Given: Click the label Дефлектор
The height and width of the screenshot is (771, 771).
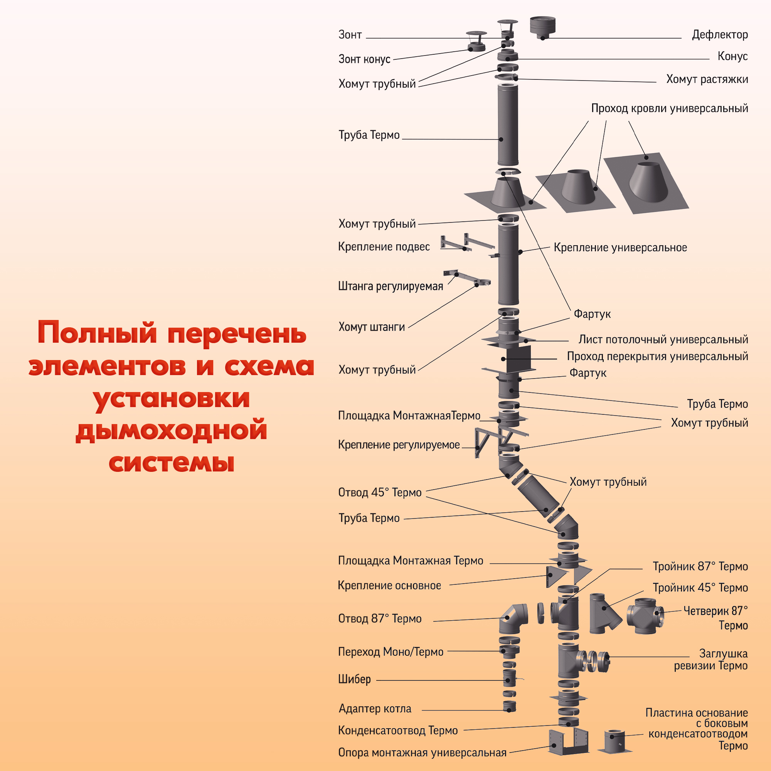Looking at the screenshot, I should (719, 35).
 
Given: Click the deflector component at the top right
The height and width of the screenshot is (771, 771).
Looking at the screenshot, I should (543, 27).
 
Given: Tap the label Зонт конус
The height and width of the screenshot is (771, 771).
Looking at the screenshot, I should (364, 59).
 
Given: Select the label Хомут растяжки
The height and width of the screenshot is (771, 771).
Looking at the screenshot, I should (707, 79).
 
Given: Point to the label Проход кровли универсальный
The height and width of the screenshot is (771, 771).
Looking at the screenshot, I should (669, 108).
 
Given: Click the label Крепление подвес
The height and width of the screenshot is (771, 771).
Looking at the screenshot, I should (384, 247).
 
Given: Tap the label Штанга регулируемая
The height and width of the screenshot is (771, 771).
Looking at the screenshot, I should (390, 286).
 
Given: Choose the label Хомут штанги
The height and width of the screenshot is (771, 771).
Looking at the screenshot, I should (372, 327).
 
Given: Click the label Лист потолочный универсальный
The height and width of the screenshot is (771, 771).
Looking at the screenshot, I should (663, 340).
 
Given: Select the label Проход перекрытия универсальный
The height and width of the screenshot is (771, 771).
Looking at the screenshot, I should (657, 356).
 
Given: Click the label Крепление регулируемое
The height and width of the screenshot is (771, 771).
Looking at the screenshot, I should (399, 444).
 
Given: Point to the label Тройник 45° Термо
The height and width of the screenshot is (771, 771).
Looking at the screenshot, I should (700, 588).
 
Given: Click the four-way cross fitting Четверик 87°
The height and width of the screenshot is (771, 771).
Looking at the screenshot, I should (645, 616).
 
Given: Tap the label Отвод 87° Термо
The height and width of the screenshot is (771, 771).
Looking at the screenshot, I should (379, 619).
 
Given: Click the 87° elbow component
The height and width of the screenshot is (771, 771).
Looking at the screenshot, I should (513, 618).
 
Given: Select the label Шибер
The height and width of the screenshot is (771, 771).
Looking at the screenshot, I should (354, 679).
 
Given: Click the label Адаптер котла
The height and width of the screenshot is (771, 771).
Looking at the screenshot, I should (375, 709).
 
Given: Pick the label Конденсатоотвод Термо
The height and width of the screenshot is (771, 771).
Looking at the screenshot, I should (397, 730).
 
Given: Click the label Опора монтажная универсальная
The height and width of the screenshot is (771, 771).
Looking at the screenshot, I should (422, 752).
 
